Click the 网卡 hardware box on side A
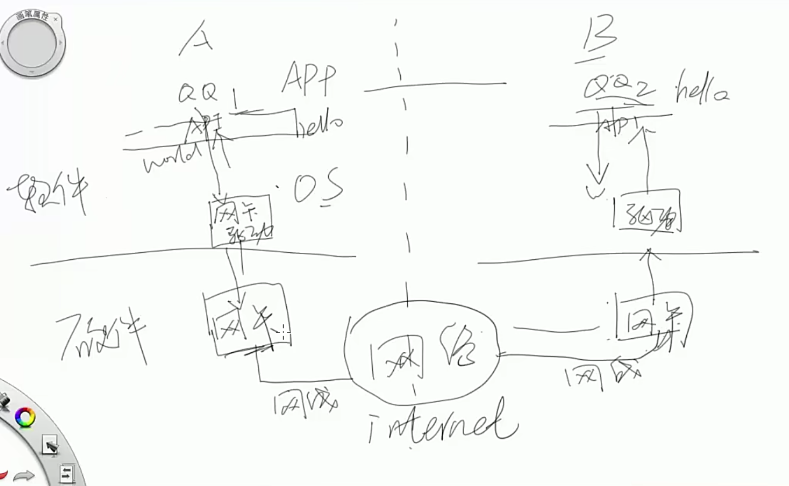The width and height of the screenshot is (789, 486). pyautogui.click(x=246, y=320)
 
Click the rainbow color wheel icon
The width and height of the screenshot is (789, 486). pyautogui.click(x=25, y=417)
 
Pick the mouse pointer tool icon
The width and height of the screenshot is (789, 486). pyautogui.click(x=50, y=445)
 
